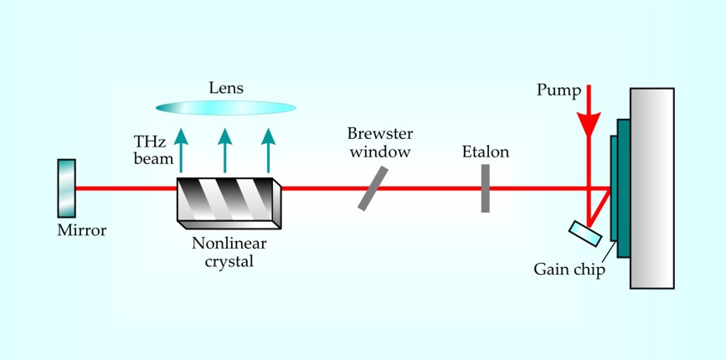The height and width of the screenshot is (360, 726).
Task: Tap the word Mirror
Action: (x=82, y=231)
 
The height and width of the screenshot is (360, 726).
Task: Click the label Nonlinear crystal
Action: (x=221, y=253)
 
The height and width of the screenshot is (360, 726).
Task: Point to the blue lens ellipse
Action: (x=226, y=107)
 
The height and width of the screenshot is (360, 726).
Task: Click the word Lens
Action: (x=226, y=86)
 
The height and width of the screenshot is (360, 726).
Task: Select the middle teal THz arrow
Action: (x=224, y=151)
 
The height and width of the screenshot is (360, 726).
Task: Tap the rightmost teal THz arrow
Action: (x=267, y=151)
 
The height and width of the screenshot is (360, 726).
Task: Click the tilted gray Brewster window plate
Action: (x=373, y=188)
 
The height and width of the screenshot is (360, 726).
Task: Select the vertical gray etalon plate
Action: (x=485, y=188)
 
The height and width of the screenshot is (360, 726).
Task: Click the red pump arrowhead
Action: (x=590, y=124)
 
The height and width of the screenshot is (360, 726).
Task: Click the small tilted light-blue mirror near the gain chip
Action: (x=585, y=234)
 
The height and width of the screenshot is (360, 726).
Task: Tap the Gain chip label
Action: (x=569, y=270)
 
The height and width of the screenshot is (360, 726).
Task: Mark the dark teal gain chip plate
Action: (x=621, y=188)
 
